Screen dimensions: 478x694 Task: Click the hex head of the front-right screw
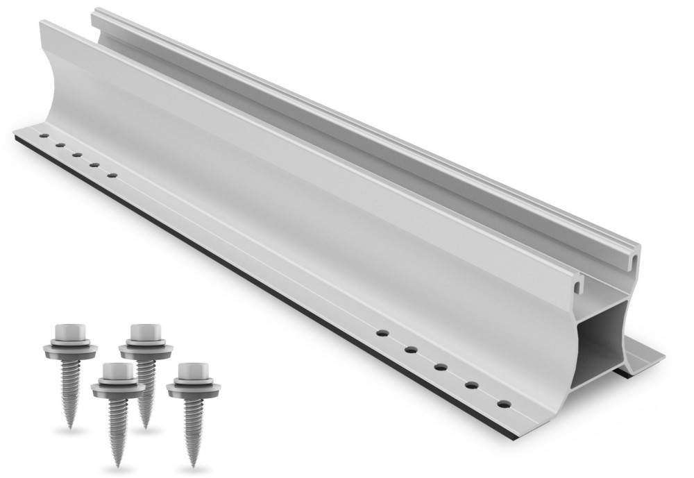coord(189,371)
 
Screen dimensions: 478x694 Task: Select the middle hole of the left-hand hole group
coord(77,155)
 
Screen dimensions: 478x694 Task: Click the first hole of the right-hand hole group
coord(381,333)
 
